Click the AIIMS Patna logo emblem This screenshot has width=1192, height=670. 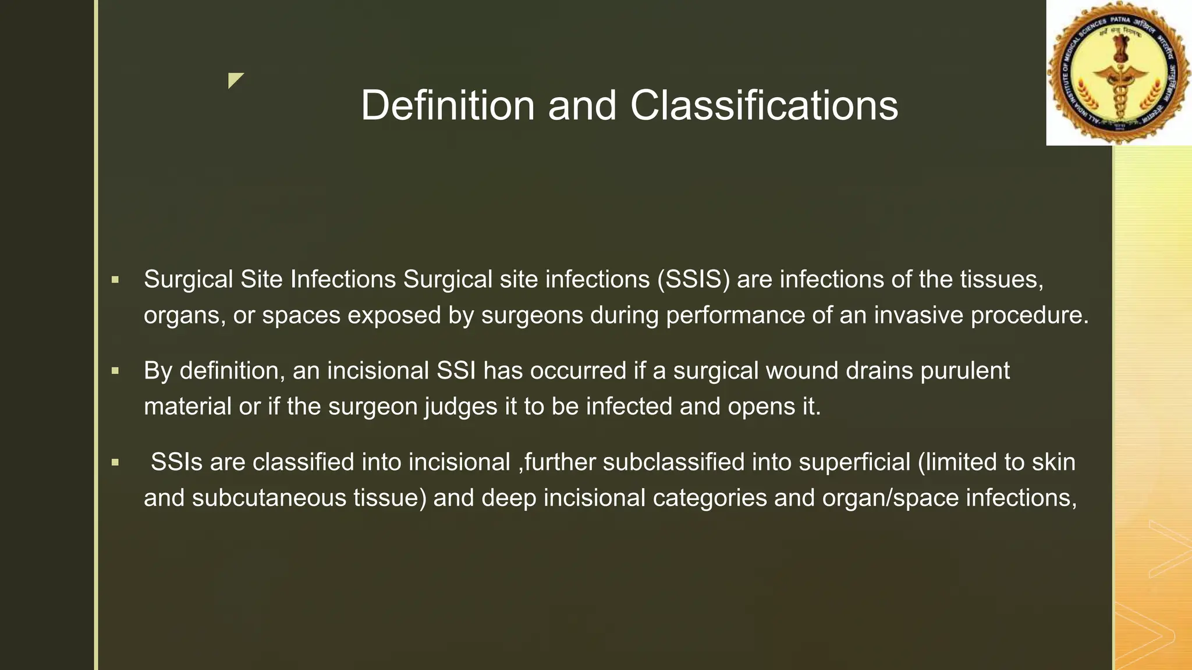coord(1118,73)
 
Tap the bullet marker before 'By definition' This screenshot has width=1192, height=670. coord(115,370)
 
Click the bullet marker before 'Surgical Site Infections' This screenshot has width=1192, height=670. coord(115,280)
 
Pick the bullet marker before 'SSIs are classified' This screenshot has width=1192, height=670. coord(115,463)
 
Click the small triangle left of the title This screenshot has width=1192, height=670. coord(235,80)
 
